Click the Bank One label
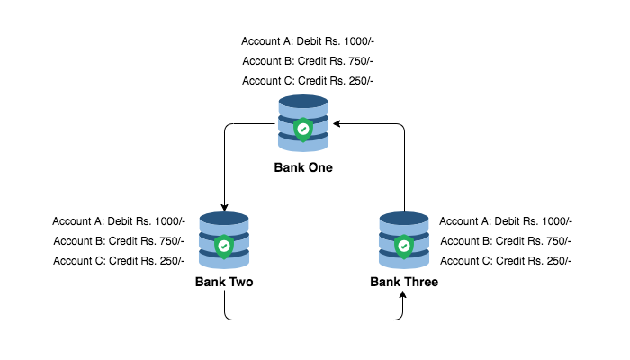point(303,167)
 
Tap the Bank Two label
point(223,282)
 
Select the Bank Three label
point(404,282)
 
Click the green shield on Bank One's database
point(304,129)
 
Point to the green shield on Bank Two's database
point(224,245)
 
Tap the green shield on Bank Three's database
point(404,245)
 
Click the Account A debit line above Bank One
point(308,41)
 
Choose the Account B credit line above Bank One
point(308,61)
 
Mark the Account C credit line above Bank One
point(308,81)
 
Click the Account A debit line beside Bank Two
point(119,221)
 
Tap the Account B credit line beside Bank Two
point(119,241)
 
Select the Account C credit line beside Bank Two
point(119,261)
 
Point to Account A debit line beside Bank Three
point(506,221)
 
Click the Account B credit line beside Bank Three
point(506,241)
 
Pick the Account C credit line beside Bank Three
point(506,261)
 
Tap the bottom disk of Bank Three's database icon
point(404,260)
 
